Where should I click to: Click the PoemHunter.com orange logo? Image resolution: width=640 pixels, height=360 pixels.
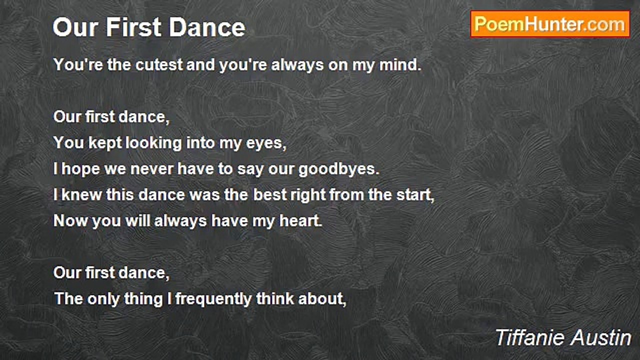tap(550, 24)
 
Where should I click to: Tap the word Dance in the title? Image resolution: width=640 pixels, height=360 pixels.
tap(207, 27)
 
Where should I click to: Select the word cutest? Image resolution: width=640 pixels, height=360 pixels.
tap(158, 64)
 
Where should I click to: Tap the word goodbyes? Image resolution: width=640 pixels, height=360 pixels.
tap(339, 169)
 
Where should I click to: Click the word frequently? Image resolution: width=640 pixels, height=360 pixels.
tap(213, 299)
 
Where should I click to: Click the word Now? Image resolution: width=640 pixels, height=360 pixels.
tap(70, 221)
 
